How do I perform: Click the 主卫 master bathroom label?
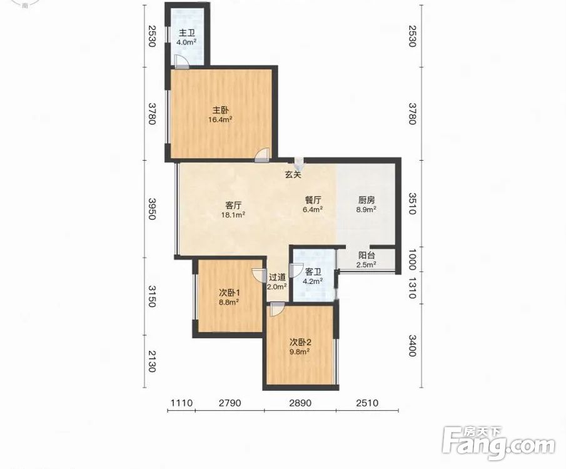187,33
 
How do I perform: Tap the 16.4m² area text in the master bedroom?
220,119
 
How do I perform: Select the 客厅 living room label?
233,206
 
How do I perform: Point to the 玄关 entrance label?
293,175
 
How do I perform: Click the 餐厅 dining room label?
313,199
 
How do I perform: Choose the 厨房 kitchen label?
366,199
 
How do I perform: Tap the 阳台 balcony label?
366,255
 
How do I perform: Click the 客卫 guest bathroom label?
313,272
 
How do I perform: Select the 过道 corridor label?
277,277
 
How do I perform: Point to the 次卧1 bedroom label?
230,293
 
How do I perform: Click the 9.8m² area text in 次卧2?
300,351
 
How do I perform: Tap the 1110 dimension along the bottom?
181,403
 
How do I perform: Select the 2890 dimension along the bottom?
300,403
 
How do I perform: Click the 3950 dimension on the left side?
152,209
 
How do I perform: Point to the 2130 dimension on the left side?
152,361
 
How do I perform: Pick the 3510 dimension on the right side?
412,204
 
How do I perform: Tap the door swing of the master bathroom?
181,62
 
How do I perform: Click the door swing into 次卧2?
277,310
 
